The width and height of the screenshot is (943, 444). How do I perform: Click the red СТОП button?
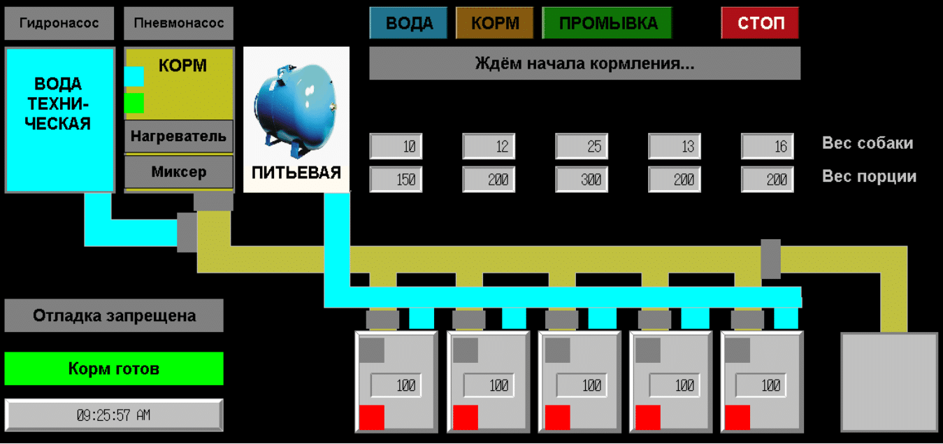click(760, 23)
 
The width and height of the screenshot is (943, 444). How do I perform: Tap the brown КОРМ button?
click(494, 23)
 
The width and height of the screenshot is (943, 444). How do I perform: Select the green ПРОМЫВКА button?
click(607, 23)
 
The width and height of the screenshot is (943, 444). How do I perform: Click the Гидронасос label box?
click(59, 24)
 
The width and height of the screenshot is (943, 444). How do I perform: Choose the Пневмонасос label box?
click(178, 24)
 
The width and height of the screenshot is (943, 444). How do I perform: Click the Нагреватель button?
click(178, 136)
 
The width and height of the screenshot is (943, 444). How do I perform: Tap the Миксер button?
click(178, 171)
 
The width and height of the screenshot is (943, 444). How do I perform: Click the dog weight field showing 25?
click(582, 147)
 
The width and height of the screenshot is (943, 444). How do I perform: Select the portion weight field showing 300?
click(582, 180)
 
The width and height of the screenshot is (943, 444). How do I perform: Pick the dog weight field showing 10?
click(396, 147)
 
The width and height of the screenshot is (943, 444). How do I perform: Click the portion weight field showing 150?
click(396, 180)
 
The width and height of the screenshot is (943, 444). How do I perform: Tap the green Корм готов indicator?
click(114, 368)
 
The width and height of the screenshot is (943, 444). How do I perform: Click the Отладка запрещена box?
click(114, 315)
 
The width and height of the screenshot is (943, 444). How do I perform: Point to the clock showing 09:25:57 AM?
click(114, 415)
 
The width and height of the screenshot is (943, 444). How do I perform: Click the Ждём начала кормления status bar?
click(584, 64)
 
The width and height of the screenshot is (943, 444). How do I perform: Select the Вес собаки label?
click(868, 143)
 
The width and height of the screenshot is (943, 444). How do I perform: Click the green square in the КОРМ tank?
click(134, 103)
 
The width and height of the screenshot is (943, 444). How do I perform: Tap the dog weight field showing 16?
click(768, 147)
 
